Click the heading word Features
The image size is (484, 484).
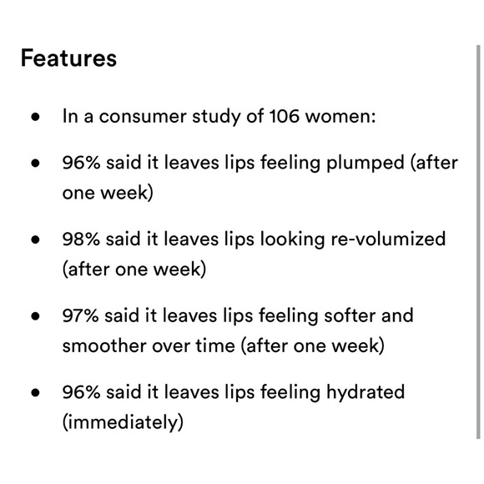tap(68, 60)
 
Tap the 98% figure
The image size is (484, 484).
tap(83, 239)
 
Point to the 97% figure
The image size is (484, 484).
tap(83, 316)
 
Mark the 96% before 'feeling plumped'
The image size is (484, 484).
tap(83, 162)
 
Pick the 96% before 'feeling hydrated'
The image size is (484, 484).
tap(83, 392)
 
